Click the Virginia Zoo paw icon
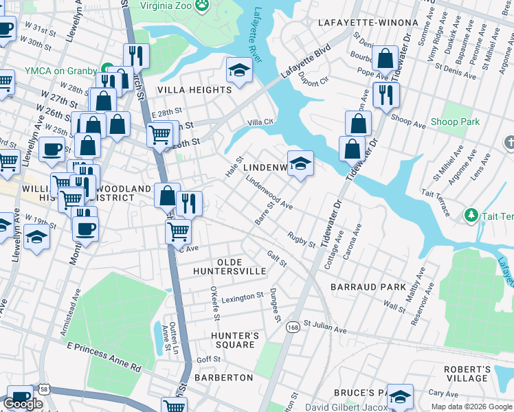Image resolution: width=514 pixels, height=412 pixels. coord(202,6)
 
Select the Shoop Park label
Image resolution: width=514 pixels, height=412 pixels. coord(454,122)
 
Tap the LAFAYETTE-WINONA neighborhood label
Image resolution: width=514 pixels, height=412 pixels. coord(368,23)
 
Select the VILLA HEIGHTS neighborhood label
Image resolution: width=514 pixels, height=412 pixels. coord(194,90)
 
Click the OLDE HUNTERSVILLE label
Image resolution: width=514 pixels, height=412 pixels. coord(241,266)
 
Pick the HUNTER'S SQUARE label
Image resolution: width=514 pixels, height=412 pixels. coord(236,340)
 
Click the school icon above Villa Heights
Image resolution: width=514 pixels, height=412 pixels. coord(238,71)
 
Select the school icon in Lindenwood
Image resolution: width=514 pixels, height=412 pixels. coord(300,163)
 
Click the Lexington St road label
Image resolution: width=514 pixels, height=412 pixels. coord(241,297)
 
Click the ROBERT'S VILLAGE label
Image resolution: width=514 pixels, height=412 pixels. coord(467,374)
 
